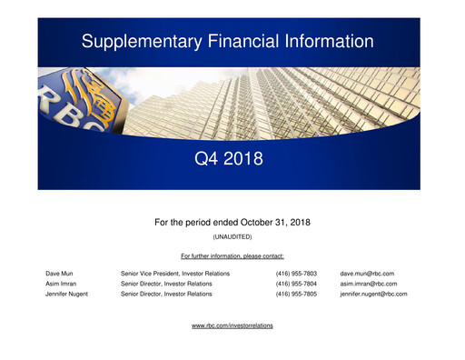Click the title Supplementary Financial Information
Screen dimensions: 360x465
coord(227,41)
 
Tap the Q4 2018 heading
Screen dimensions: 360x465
coord(229,160)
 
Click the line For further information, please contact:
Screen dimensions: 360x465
coord(232,255)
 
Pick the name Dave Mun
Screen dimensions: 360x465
coord(62,273)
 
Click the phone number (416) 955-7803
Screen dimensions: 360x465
coord(296,273)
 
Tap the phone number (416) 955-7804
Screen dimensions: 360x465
coord(296,284)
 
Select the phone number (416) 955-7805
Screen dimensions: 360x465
coord(296,295)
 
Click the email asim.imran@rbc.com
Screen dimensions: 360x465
coord(369,284)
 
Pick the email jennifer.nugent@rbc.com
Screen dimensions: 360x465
coord(373,295)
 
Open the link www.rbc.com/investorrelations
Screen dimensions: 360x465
coord(232,325)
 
